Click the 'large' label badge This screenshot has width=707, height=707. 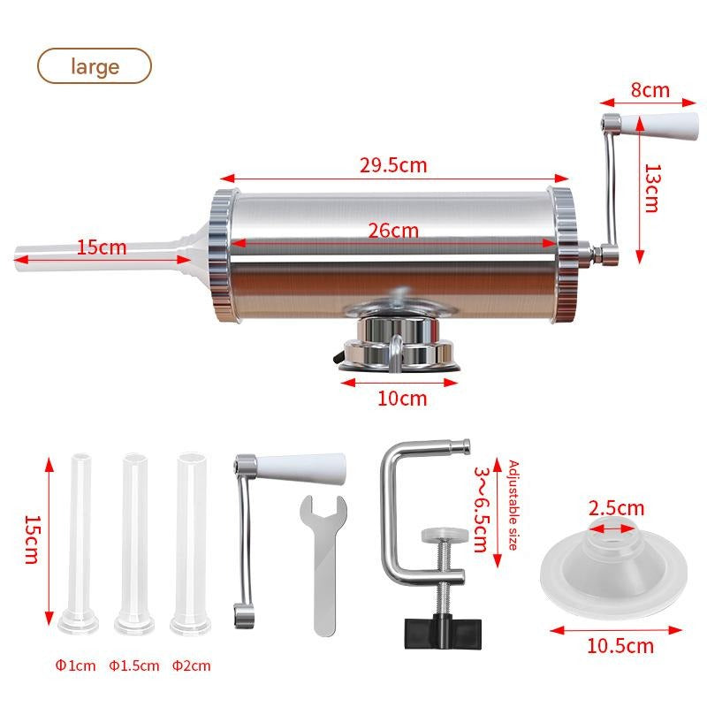[94, 65]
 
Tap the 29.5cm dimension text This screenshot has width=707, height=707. [393, 164]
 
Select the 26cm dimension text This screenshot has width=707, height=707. [393, 231]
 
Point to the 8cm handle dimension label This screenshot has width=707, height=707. [650, 89]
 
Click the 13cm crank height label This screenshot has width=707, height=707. [651, 187]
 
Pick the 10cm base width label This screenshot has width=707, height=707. [402, 398]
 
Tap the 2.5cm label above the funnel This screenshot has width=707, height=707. [617, 508]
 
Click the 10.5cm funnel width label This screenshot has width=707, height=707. [620, 646]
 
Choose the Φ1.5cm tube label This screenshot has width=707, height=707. [134, 665]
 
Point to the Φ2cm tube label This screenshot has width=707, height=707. [192, 665]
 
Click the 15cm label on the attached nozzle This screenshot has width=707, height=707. [101, 247]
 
